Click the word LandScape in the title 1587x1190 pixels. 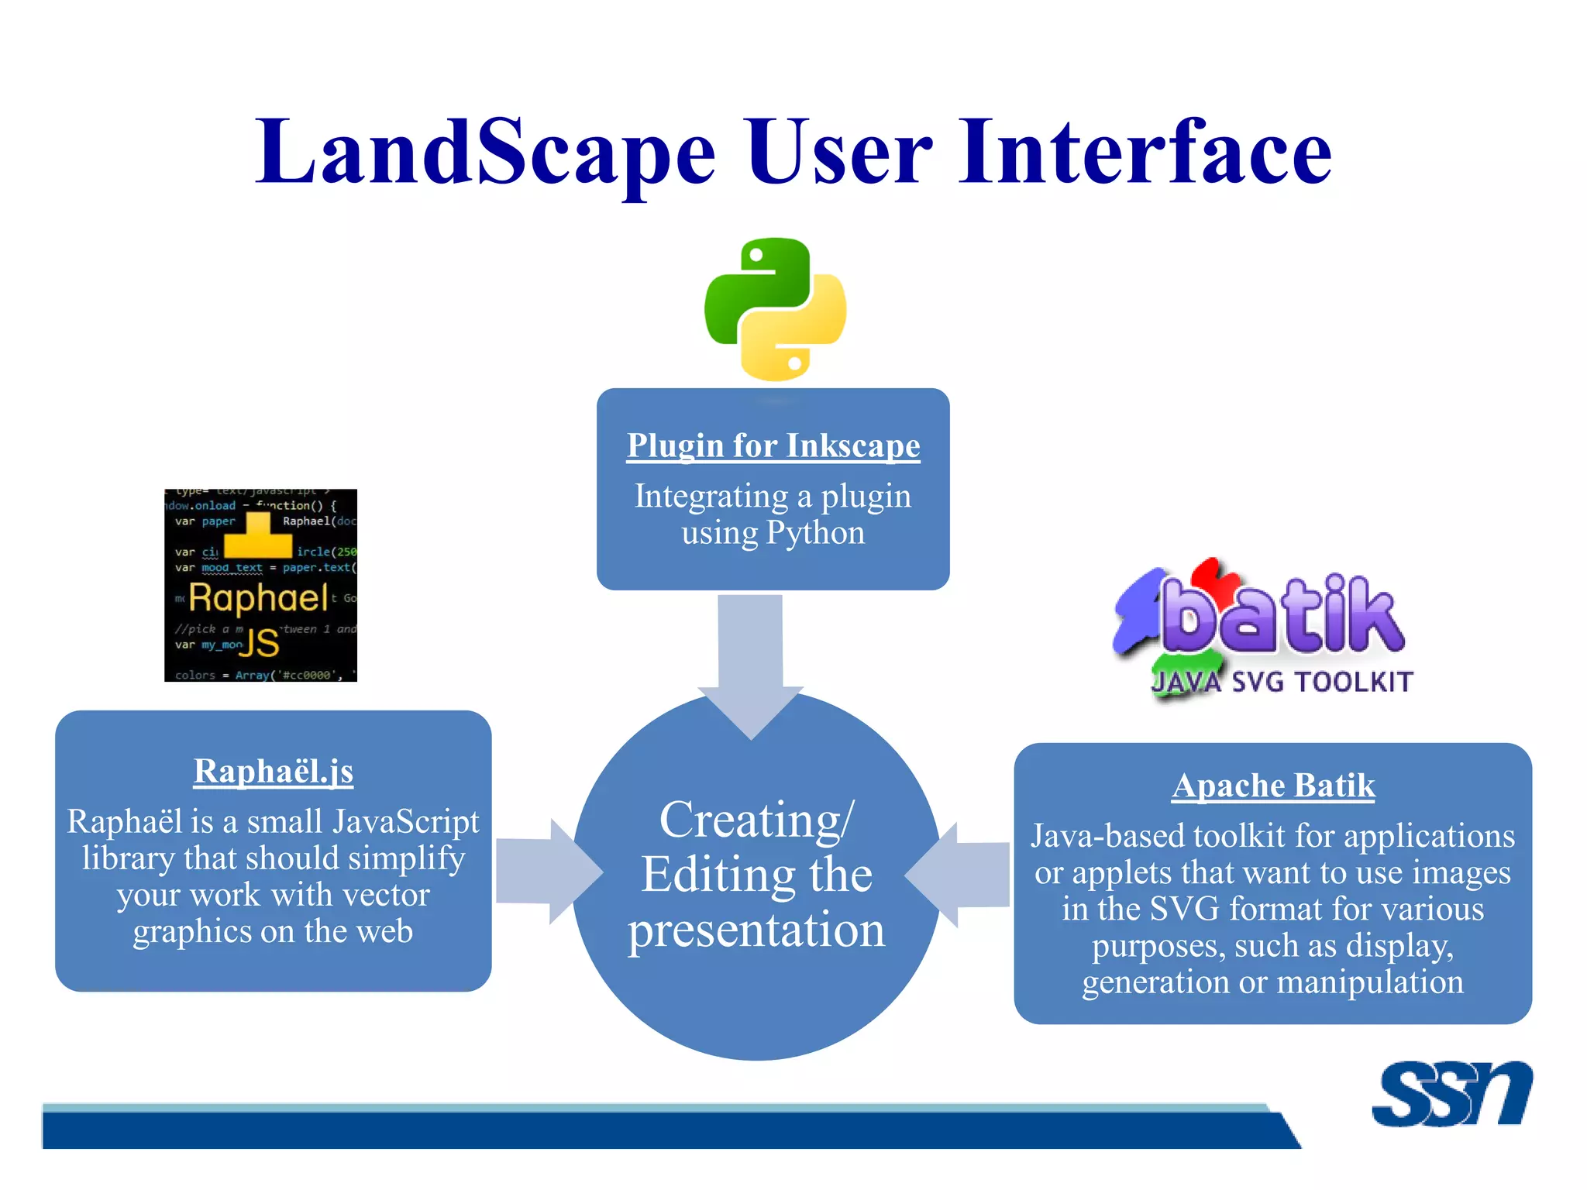tap(485, 153)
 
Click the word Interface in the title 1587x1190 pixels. tap(1145, 153)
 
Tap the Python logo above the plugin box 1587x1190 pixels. tap(775, 309)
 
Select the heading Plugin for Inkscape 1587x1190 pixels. tap(773, 446)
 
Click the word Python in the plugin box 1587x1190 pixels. tap(815, 533)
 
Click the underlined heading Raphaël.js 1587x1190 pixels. tap(274, 772)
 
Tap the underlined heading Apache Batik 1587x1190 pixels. tap(1273, 786)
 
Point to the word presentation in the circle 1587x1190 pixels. tap(756, 930)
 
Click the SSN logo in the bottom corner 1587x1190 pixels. tap(1451, 1094)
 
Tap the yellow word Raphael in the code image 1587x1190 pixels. tap(258, 598)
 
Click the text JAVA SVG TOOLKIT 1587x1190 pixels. tap(1282, 682)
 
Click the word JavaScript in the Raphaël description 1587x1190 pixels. tap(405, 822)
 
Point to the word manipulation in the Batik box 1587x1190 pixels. tap(1369, 982)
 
